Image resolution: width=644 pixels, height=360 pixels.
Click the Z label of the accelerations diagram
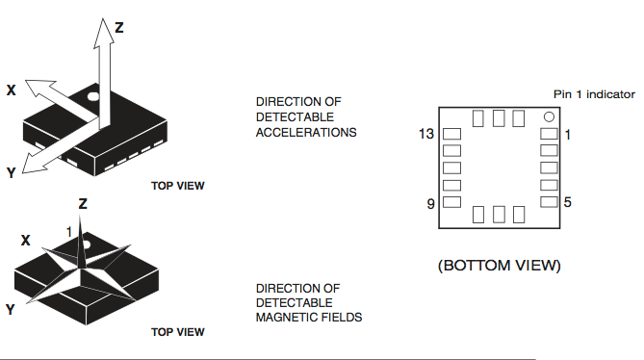(x=119, y=27)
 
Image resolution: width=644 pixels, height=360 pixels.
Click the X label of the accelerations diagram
(x=12, y=90)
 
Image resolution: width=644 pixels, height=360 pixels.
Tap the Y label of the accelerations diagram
(x=11, y=172)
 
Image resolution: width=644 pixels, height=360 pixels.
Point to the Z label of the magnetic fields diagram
(x=83, y=204)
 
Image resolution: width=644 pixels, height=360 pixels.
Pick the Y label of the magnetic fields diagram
(x=10, y=309)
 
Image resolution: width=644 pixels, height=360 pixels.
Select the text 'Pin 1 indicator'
(x=593, y=93)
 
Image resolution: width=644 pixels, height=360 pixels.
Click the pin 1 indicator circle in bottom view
(x=548, y=117)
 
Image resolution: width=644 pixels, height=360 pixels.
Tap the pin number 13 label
(x=425, y=134)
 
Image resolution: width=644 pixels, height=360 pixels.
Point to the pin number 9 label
(x=429, y=203)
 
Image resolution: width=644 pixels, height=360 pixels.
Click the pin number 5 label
(x=568, y=202)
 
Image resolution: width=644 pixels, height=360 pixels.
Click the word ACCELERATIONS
(x=306, y=132)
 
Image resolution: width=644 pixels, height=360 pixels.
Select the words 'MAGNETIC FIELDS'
(x=309, y=317)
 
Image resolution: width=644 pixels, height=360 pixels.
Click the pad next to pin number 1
(x=549, y=134)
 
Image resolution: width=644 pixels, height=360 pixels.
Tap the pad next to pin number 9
(x=451, y=202)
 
